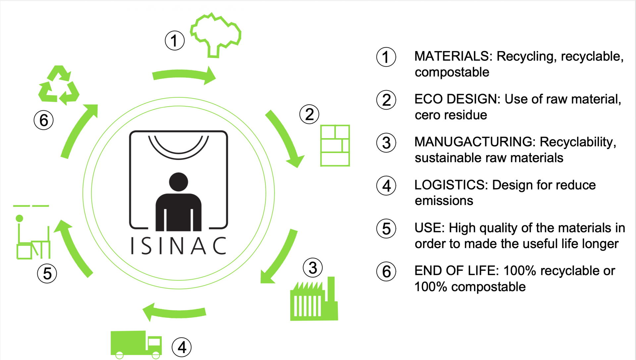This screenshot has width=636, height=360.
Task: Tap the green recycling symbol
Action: [x=59, y=85]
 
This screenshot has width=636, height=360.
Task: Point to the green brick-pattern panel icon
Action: [x=335, y=145]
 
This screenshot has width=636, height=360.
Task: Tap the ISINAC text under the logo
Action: [x=179, y=246]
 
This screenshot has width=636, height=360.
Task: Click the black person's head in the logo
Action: [x=179, y=182]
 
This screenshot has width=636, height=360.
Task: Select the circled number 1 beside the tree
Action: [x=175, y=41]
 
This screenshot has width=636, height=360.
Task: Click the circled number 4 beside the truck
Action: [x=182, y=347]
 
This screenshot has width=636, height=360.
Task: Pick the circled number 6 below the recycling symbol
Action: [x=44, y=120]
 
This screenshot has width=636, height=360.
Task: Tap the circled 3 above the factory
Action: [x=313, y=268]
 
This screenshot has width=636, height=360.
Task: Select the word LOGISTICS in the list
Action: [x=451, y=185]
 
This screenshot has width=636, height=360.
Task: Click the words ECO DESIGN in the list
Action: [x=457, y=99]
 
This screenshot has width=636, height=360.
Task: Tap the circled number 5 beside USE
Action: [x=386, y=229]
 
